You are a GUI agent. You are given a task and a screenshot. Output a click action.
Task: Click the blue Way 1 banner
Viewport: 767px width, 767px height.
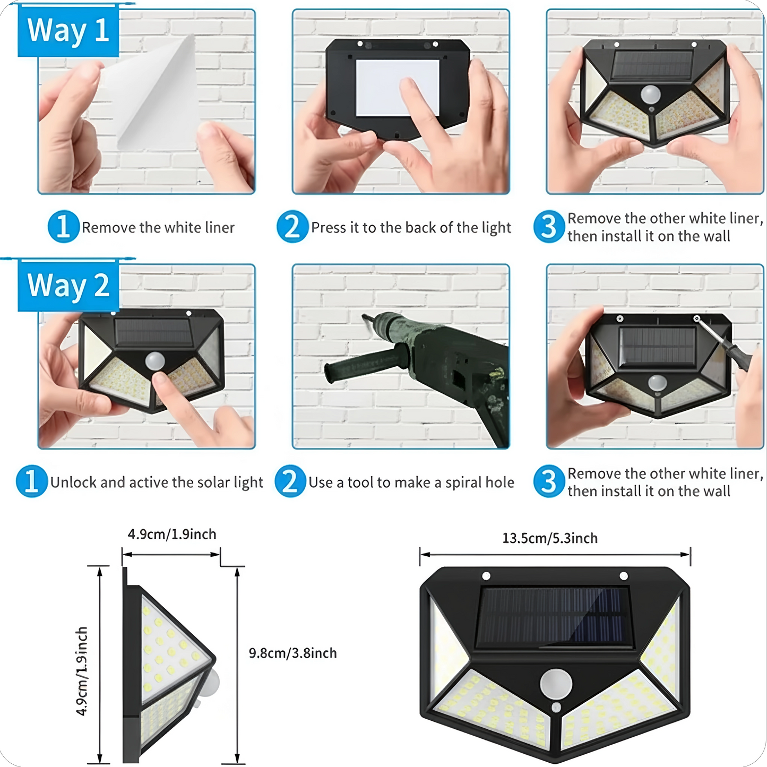(68, 31)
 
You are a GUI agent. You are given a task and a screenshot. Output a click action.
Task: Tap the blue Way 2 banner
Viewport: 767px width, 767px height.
(68, 286)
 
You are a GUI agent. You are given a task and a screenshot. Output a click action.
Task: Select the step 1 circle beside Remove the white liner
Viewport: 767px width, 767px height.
(63, 227)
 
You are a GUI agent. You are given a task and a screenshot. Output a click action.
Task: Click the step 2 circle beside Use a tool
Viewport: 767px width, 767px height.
(290, 481)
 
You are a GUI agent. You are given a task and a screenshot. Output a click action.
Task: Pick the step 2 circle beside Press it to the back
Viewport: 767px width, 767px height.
(292, 227)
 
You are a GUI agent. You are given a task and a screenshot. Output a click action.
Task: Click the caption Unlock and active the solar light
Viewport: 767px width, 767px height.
(157, 482)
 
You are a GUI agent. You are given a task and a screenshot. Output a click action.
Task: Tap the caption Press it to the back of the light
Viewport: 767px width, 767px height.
(411, 227)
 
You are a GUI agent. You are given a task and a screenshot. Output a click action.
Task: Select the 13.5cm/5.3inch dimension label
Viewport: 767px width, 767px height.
(550, 538)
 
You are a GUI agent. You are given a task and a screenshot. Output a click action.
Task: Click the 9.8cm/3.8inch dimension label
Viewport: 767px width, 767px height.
(292, 653)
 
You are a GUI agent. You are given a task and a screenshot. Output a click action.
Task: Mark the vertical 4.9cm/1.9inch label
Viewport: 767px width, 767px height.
(82, 671)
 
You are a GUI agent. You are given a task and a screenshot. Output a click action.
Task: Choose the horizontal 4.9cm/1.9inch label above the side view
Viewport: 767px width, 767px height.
(172, 534)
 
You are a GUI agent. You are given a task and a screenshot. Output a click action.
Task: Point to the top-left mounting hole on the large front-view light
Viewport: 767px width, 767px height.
(486, 576)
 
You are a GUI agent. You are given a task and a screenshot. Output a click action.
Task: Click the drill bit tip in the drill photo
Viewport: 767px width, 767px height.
(365, 317)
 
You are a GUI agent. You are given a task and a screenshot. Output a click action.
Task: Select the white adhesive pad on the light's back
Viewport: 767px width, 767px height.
(397, 88)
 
